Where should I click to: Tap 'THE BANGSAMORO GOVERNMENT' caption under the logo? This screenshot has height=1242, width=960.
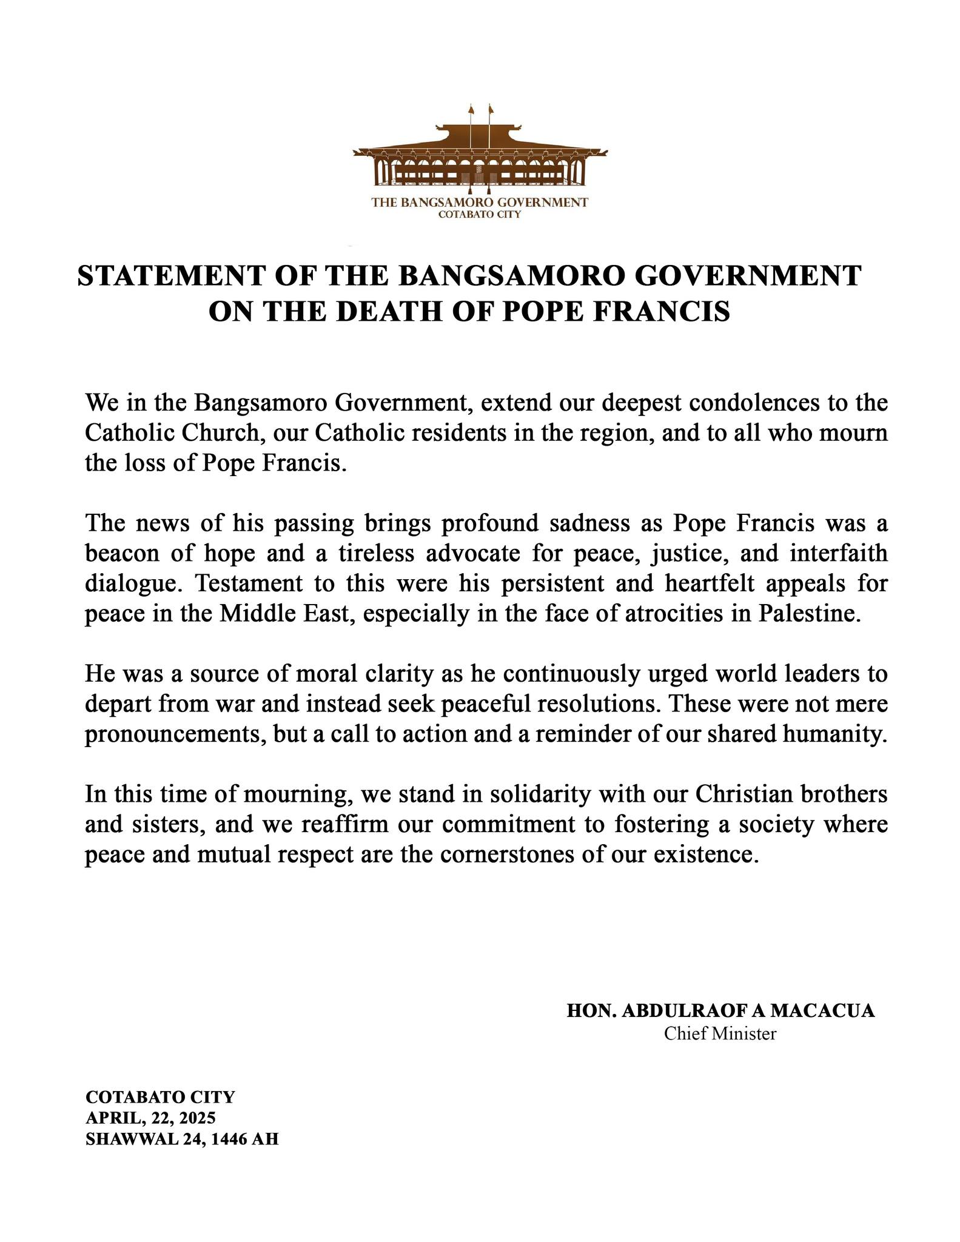pyautogui.click(x=480, y=203)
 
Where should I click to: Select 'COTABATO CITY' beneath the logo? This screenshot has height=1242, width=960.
pyautogui.click(x=480, y=214)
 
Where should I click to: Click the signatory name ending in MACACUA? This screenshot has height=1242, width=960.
pyautogui.click(x=720, y=1011)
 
